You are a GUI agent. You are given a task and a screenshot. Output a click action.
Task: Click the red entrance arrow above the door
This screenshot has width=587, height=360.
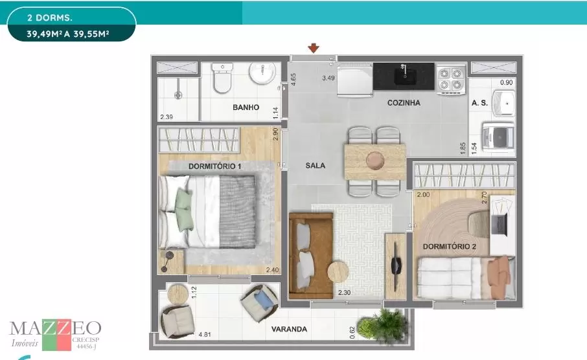click(x=314, y=48)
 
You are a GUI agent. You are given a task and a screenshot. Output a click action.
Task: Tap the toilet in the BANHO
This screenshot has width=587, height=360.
click(x=222, y=78)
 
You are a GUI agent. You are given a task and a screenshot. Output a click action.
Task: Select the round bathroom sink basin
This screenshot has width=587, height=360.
click(x=262, y=73)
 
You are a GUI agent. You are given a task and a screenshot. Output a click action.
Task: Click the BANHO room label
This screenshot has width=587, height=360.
click(x=246, y=107)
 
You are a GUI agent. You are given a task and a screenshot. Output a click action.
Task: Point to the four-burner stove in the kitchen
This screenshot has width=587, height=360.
click(x=451, y=79)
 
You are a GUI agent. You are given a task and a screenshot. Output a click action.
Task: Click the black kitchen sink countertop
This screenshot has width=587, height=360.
click(x=404, y=76)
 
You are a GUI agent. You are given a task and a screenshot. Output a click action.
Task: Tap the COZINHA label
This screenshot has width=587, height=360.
click(x=404, y=102)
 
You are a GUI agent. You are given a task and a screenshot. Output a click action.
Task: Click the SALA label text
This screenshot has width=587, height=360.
click(x=316, y=165)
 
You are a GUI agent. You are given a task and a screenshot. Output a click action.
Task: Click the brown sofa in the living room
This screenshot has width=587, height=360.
click(x=311, y=256)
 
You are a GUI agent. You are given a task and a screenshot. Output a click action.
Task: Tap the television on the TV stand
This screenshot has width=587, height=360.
click(x=396, y=266)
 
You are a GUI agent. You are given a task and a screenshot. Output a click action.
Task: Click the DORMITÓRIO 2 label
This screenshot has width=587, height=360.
click(x=449, y=247)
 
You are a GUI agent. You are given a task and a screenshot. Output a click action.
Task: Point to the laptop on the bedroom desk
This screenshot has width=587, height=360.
click(x=499, y=223)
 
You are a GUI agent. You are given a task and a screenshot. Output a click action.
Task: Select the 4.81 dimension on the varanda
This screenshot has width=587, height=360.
click(x=205, y=334)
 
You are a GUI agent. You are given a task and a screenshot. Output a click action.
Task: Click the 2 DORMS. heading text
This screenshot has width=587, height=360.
click(x=49, y=17)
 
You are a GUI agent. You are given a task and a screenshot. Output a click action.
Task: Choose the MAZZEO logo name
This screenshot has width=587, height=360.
click(x=56, y=328)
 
